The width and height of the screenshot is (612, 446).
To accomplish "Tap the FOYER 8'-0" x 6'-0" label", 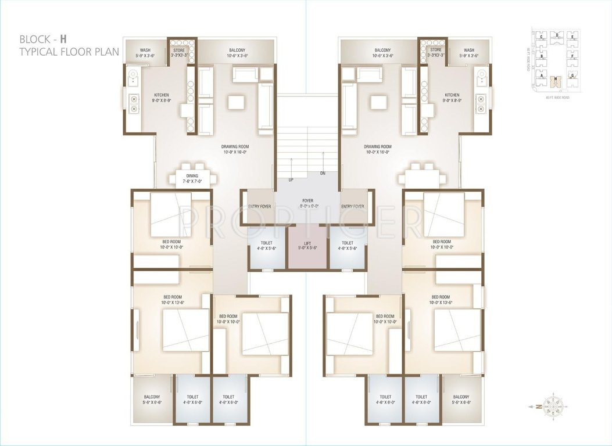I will (x=307, y=201).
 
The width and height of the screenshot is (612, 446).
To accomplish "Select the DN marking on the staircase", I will (x=323, y=174).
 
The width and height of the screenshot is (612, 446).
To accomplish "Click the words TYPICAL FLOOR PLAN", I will (x=69, y=52).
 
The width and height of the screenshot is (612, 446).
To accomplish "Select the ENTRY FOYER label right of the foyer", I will (x=353, y=206).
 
